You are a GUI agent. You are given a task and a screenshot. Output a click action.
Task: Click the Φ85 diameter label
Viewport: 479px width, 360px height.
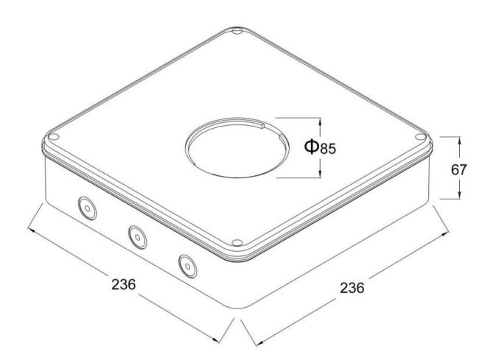(320, 147)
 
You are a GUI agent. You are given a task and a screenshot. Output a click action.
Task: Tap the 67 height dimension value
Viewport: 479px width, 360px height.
(459, 169)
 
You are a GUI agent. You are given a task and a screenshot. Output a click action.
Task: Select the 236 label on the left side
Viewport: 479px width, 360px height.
(123, 284)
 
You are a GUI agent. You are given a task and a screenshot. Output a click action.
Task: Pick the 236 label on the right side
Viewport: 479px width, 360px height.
(352, 288)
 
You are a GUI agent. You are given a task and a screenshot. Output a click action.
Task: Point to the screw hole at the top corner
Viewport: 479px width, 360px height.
(237, 31)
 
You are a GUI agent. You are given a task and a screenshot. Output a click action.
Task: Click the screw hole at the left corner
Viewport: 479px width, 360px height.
(54, 137)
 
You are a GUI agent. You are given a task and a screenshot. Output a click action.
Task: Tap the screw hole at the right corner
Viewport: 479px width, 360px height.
(420, 137)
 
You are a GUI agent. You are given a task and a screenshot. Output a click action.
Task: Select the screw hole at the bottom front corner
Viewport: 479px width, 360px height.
(237, 242)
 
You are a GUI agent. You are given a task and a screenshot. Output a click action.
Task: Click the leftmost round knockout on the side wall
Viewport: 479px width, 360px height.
(88, 208)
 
